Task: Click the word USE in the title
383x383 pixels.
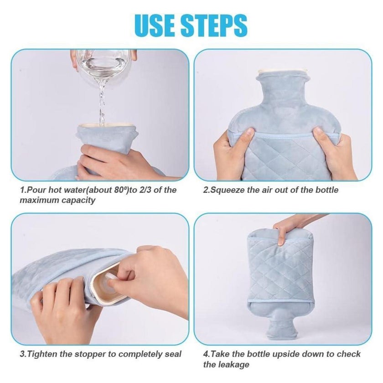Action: pyautogui.click(x=156, y=26)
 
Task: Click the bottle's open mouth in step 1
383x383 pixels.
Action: pyautogui.click(x=107, y=125)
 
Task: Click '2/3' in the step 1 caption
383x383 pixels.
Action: pyautogui.click(x=144, y=190)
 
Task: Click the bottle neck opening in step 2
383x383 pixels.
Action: pyautogui.click(x=283, y=72)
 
